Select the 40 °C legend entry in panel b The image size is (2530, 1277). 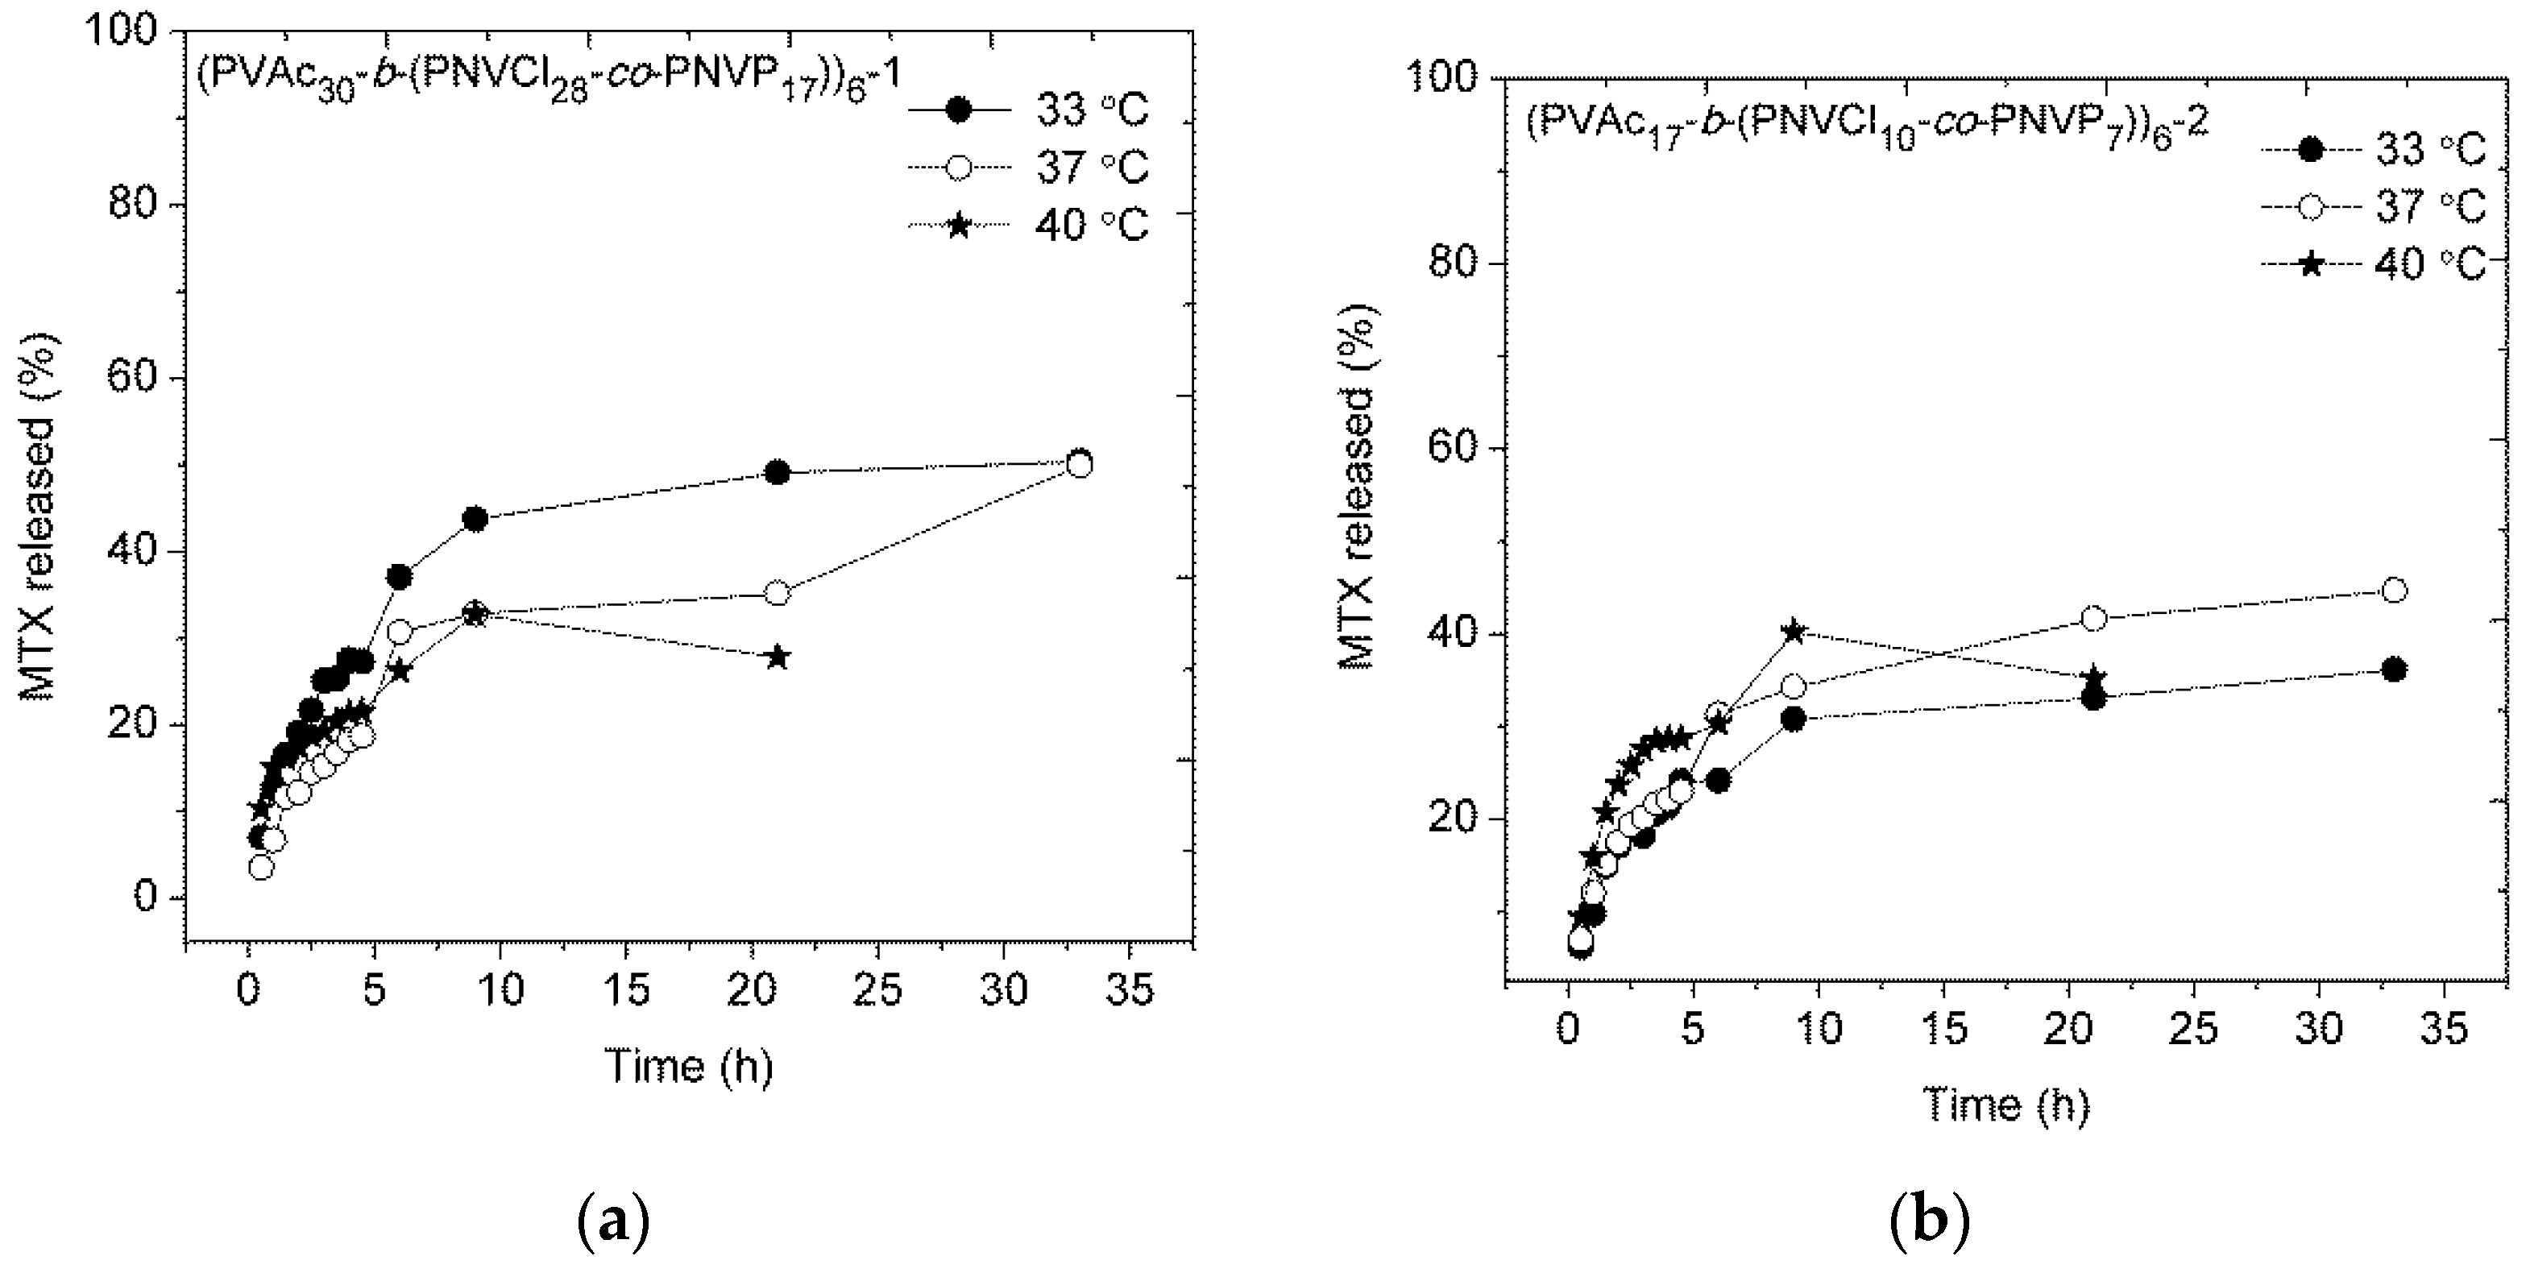point(2372,264)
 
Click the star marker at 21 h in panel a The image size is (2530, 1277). point(777,657)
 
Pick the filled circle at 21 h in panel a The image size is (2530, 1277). point(777,472)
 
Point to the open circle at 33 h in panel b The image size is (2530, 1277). point(2395,591)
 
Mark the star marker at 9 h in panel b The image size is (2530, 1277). point(1794,632)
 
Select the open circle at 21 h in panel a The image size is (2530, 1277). point(777,593)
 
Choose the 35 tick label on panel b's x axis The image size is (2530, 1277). point(2444,1030)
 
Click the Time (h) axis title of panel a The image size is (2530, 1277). point(688,1067)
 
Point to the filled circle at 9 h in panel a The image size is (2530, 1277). point(475,520)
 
